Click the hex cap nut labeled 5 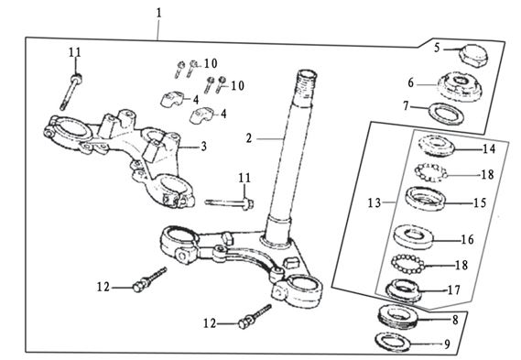[472, 55]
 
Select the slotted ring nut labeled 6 [459, 86]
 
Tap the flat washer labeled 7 [446, 114]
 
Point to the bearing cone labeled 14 [436, 146]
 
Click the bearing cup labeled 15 [425, 199]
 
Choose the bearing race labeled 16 [413, 236]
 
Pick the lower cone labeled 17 [403, 289]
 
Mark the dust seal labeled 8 [398, 318]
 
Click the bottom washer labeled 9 [393, 342]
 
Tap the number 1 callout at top [158, 13]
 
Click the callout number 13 [374, 202]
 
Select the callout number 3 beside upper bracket [203, 147]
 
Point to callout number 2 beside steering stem [249, 138]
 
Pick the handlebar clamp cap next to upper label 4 [172, 99]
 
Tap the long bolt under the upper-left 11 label [71, 92]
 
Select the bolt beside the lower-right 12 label [255, 317]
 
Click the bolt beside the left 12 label [149, 279]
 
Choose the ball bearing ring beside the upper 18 [430, 172]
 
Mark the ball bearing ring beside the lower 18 [408, 264]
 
